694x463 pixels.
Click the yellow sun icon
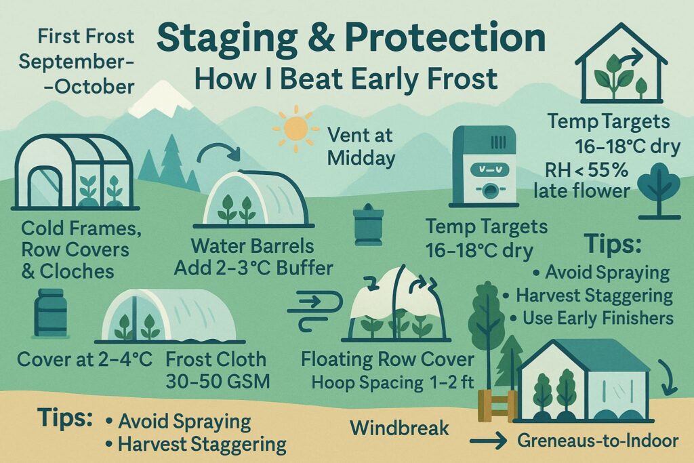[x=295, y=128]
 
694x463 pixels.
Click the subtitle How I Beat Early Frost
[x=346, y=79]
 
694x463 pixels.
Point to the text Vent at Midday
[x=361, y=146]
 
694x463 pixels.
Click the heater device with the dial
[x=483, y=167]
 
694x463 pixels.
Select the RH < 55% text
[x=586, y=170]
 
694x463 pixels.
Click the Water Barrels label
[x=252, y=246]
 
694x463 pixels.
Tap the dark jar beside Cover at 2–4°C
[x=51, y=313]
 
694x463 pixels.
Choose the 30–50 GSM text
[x=218, y=381]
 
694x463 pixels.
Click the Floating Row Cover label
[x=388, y=359]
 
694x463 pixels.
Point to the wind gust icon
[x=314, y=310]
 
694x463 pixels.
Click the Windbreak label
[x=399, y=428]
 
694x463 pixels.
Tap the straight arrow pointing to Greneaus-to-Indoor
[x=488, y=441]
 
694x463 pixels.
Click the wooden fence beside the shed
[x=497, y=405]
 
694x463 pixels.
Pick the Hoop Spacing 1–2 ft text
[x=393, y=382]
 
